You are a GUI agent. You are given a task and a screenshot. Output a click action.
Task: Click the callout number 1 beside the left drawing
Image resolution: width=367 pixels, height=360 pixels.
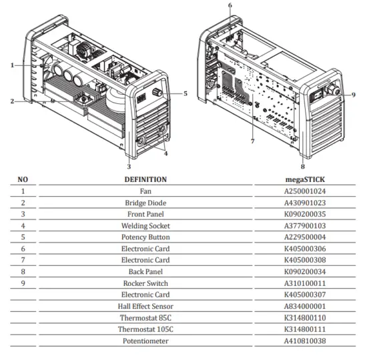point(12,65)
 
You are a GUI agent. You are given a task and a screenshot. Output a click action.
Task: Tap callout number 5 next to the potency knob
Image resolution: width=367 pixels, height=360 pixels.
point(185,93)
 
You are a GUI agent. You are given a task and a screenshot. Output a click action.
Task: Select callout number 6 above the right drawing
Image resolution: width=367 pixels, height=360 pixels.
point(230,5)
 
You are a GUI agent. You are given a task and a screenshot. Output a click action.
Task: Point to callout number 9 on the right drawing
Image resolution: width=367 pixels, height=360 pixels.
point(354,95)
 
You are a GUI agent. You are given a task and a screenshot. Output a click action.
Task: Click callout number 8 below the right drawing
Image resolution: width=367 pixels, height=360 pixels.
point(302,167)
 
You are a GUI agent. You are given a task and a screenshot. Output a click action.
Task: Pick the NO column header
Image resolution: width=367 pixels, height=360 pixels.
point(23,179)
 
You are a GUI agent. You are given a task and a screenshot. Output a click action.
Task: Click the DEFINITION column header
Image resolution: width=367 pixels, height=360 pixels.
point(145,179)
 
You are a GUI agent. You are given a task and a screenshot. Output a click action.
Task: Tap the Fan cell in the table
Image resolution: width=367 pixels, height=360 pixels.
point(145,191)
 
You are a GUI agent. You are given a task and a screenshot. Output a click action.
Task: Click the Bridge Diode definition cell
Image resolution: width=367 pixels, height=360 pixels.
point(145,203)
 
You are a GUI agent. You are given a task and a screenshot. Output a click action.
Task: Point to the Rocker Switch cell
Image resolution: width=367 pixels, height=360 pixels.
point(145,283)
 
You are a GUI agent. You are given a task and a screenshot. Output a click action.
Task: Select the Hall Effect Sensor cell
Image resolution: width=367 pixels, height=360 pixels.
point(145,307)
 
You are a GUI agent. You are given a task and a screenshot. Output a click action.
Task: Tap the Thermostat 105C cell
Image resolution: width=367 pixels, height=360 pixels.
point(145,329)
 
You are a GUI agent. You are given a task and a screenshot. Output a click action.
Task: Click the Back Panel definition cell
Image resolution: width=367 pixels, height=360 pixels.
point(145,272)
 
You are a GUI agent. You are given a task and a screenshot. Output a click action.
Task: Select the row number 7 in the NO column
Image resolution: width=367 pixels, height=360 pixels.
point(23,261)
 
